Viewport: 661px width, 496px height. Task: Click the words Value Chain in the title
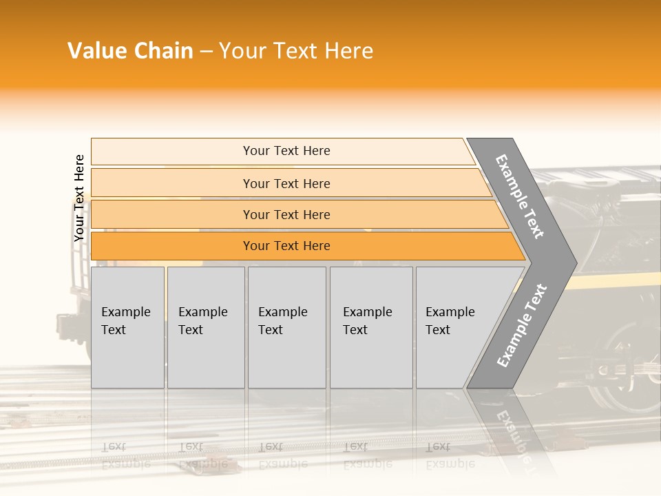point(130,51)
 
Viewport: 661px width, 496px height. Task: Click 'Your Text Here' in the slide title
point(296,51)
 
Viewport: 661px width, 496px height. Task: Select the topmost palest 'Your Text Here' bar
point(286,151)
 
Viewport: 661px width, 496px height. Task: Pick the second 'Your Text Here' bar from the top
point(286,183)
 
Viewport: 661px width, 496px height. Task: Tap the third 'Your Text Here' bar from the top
point(286,214)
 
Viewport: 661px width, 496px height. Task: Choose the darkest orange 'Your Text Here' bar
point(286,246)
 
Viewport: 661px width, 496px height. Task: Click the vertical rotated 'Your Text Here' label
point(79,198)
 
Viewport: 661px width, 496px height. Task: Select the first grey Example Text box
point(127,327)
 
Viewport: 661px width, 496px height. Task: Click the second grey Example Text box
point(205,327)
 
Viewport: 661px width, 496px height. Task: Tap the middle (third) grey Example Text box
point(286,327)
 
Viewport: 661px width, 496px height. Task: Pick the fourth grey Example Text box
point(370,327)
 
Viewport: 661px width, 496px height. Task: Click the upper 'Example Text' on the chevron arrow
point(520,197)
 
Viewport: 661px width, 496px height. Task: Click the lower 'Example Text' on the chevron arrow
point(521,326)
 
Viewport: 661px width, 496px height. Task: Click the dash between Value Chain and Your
point(206,52)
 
